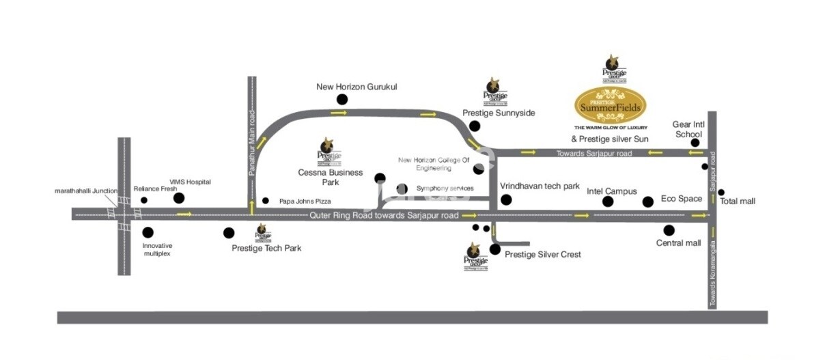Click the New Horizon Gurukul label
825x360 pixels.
(x=356, y=87)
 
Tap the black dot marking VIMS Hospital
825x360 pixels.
(x=179, y=198)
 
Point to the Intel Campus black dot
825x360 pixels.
(x=608, y=202)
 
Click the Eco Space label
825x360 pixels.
(x=681, y=199)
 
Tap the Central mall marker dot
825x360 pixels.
(x=669, y=230)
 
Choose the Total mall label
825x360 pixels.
(x=738, y=202)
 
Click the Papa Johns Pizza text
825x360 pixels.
(x=305, y=202)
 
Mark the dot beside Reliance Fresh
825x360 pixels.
(x=144, y=200)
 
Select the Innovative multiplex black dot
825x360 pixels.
(x=148, y=232)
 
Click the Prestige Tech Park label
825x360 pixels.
(x=266, y=248)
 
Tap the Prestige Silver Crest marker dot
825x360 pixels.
(x=495, y=249)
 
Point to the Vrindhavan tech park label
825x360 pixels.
(x=540, y=186)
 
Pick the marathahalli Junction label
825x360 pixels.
(x=86, y=191)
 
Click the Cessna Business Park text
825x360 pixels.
(x=331, y=177)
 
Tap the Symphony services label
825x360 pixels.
(x=445, y=189)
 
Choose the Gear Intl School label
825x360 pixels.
(x=687, y=129)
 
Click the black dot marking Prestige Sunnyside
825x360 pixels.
(x=475, y=126)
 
